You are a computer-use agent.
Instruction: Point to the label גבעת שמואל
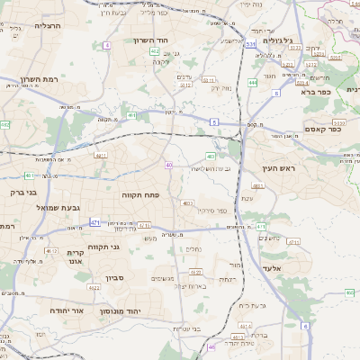[69, 207]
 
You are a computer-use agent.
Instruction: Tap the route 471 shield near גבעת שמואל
[94, 221]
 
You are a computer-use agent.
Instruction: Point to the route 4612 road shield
[51, 251]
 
